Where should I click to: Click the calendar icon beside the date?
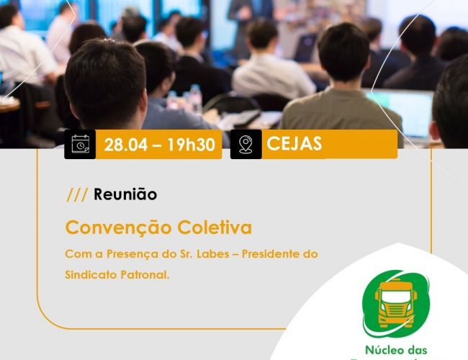click(81, 144)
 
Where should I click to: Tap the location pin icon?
click(246, 145)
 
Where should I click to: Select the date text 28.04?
click(126, 145)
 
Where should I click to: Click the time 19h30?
click(191, 145)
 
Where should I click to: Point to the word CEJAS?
click(294, 143)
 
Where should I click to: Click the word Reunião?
click(125, 194)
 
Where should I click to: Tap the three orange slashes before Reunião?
click(77, 194)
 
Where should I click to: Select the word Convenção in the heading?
click(119, 228)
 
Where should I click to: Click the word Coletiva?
click(215, 228)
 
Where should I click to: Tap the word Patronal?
click(145, 274)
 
